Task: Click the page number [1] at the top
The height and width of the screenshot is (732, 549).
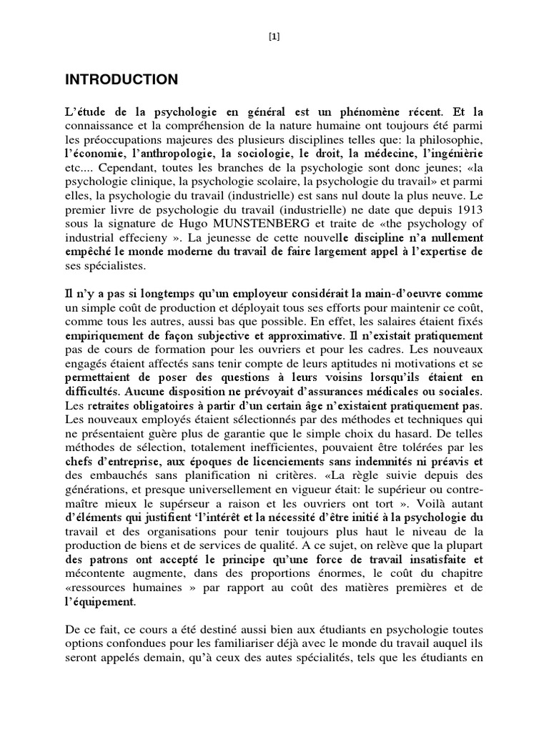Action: pyautogui.click(x=274, y=37)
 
